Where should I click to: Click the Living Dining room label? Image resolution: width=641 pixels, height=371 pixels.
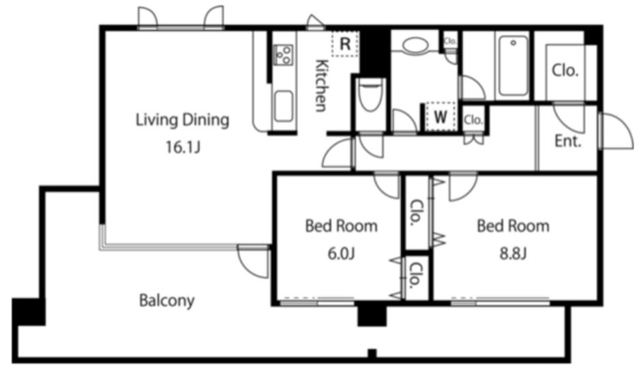click(x=182, y=120)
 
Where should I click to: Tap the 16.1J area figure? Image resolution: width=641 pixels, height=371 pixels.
click(x=183, y=147)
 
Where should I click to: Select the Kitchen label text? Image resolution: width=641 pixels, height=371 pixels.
click(x=322, y=86)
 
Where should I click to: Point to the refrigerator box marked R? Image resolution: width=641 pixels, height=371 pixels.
click(x=346, y=44)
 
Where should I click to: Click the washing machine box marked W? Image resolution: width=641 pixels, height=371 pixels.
click(x=441, y=116)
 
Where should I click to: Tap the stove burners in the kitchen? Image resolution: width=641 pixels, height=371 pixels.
click(x=282, y=54)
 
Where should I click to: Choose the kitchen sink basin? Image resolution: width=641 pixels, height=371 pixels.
click(x=283, y=106)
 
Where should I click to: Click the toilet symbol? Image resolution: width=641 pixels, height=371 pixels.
click(x=371, y=95)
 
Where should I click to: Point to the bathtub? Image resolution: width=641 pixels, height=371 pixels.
click(x=513, y=66)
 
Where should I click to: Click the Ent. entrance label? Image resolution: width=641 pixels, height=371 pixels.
click(x=568, y=141)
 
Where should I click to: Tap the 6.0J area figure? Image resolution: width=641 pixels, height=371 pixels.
click(x=341, y=253)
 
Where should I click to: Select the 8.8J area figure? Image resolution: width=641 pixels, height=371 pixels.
click(x=513, y=253)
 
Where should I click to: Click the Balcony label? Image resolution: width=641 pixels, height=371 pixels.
click(x=167, y=301)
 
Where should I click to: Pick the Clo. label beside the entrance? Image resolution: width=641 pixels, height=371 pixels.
click(x=565, y=71)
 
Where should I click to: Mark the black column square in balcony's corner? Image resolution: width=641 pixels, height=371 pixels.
click(x=28, y=312)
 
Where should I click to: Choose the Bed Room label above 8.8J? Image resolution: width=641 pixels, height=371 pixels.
click(x=513, y=226)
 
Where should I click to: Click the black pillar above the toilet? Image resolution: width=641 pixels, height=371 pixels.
click(x=375, y=51)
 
